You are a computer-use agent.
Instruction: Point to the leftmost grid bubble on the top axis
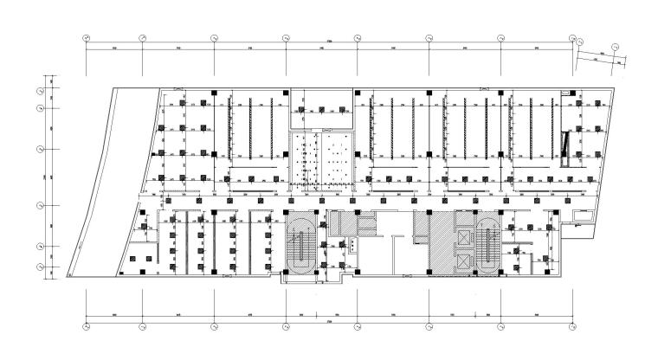pyautogui.click(x=86, y=39)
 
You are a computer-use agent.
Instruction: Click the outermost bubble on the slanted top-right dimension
pyautogui.click(x=616, y=48)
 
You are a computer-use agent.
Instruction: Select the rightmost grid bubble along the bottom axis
pyautogui.click(x=572, y=326)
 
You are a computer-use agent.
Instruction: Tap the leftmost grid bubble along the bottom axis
pyautogui.click(x=86, y=326)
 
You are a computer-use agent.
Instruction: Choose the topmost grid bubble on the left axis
pyautogui.click(x=40, y=89)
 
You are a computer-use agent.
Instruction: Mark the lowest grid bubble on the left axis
pyautogui.click(x=40, y=266)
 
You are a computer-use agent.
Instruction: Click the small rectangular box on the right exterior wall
pyautogui.click(x=575, y=221)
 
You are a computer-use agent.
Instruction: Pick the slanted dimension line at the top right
pyautogui.click(x=597, y=56)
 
